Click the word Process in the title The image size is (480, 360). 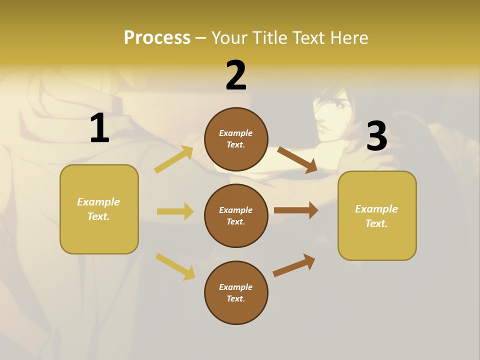point(157,37)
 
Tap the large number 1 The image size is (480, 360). point(99,128)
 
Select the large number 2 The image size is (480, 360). point(236,75)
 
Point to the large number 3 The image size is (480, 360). point(377,136)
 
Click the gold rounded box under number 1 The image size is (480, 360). point(99,209)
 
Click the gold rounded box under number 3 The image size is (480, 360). point(377,216)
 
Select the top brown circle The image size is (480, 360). point(236,139)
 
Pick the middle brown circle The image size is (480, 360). point(236,216)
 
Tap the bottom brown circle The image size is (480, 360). point(236,293)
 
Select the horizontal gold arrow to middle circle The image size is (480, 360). point(175,211)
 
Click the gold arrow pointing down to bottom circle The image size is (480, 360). point(175,266)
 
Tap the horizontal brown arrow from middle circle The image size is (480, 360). point(296,210)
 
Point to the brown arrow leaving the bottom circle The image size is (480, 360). point(294,265)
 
